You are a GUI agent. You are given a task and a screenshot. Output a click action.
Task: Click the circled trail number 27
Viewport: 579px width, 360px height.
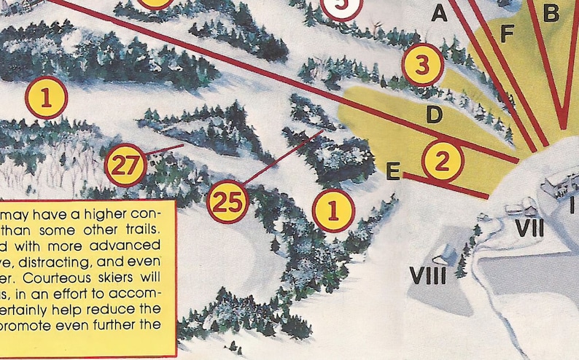pyautogui.click(x=125, y=166)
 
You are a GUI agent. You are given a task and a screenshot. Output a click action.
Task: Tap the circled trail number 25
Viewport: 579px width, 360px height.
pyautogui.click(x=228, y=202)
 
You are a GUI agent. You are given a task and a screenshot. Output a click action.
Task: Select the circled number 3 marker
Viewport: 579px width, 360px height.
pyautogui.click(x=423, y=64)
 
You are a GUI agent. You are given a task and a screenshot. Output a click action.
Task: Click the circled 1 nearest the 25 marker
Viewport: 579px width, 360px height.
pyautogui.click(x=333, y=211)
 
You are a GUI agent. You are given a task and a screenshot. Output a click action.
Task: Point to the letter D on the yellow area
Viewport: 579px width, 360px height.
pyautogui.click(x=434, y=114)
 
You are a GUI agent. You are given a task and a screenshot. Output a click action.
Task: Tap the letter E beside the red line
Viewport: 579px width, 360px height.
pyautogui.click(x=392, y=172)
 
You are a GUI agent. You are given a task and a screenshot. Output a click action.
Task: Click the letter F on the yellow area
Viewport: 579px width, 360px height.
pyautogui.click(x=508, y=33)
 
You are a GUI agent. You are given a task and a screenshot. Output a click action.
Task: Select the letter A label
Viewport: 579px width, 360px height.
pyautogui.click(x=438, y=12)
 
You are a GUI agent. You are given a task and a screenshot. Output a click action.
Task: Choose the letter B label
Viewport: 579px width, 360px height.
pyautogui.click(x=551, y=12)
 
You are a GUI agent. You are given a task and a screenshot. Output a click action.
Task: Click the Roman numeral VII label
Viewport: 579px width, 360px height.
pyautogui.click(x=529, y=228)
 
